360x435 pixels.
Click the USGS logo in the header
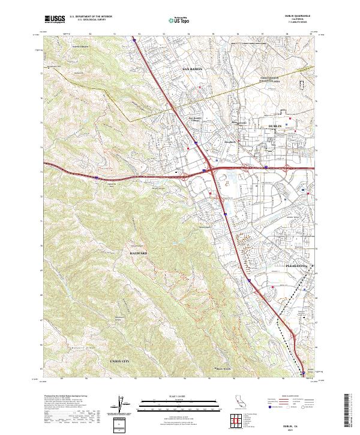[x=55, y=20]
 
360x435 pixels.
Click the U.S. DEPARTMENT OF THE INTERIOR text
[x=91, y=17]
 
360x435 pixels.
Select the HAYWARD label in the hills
[x=139, y=254]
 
